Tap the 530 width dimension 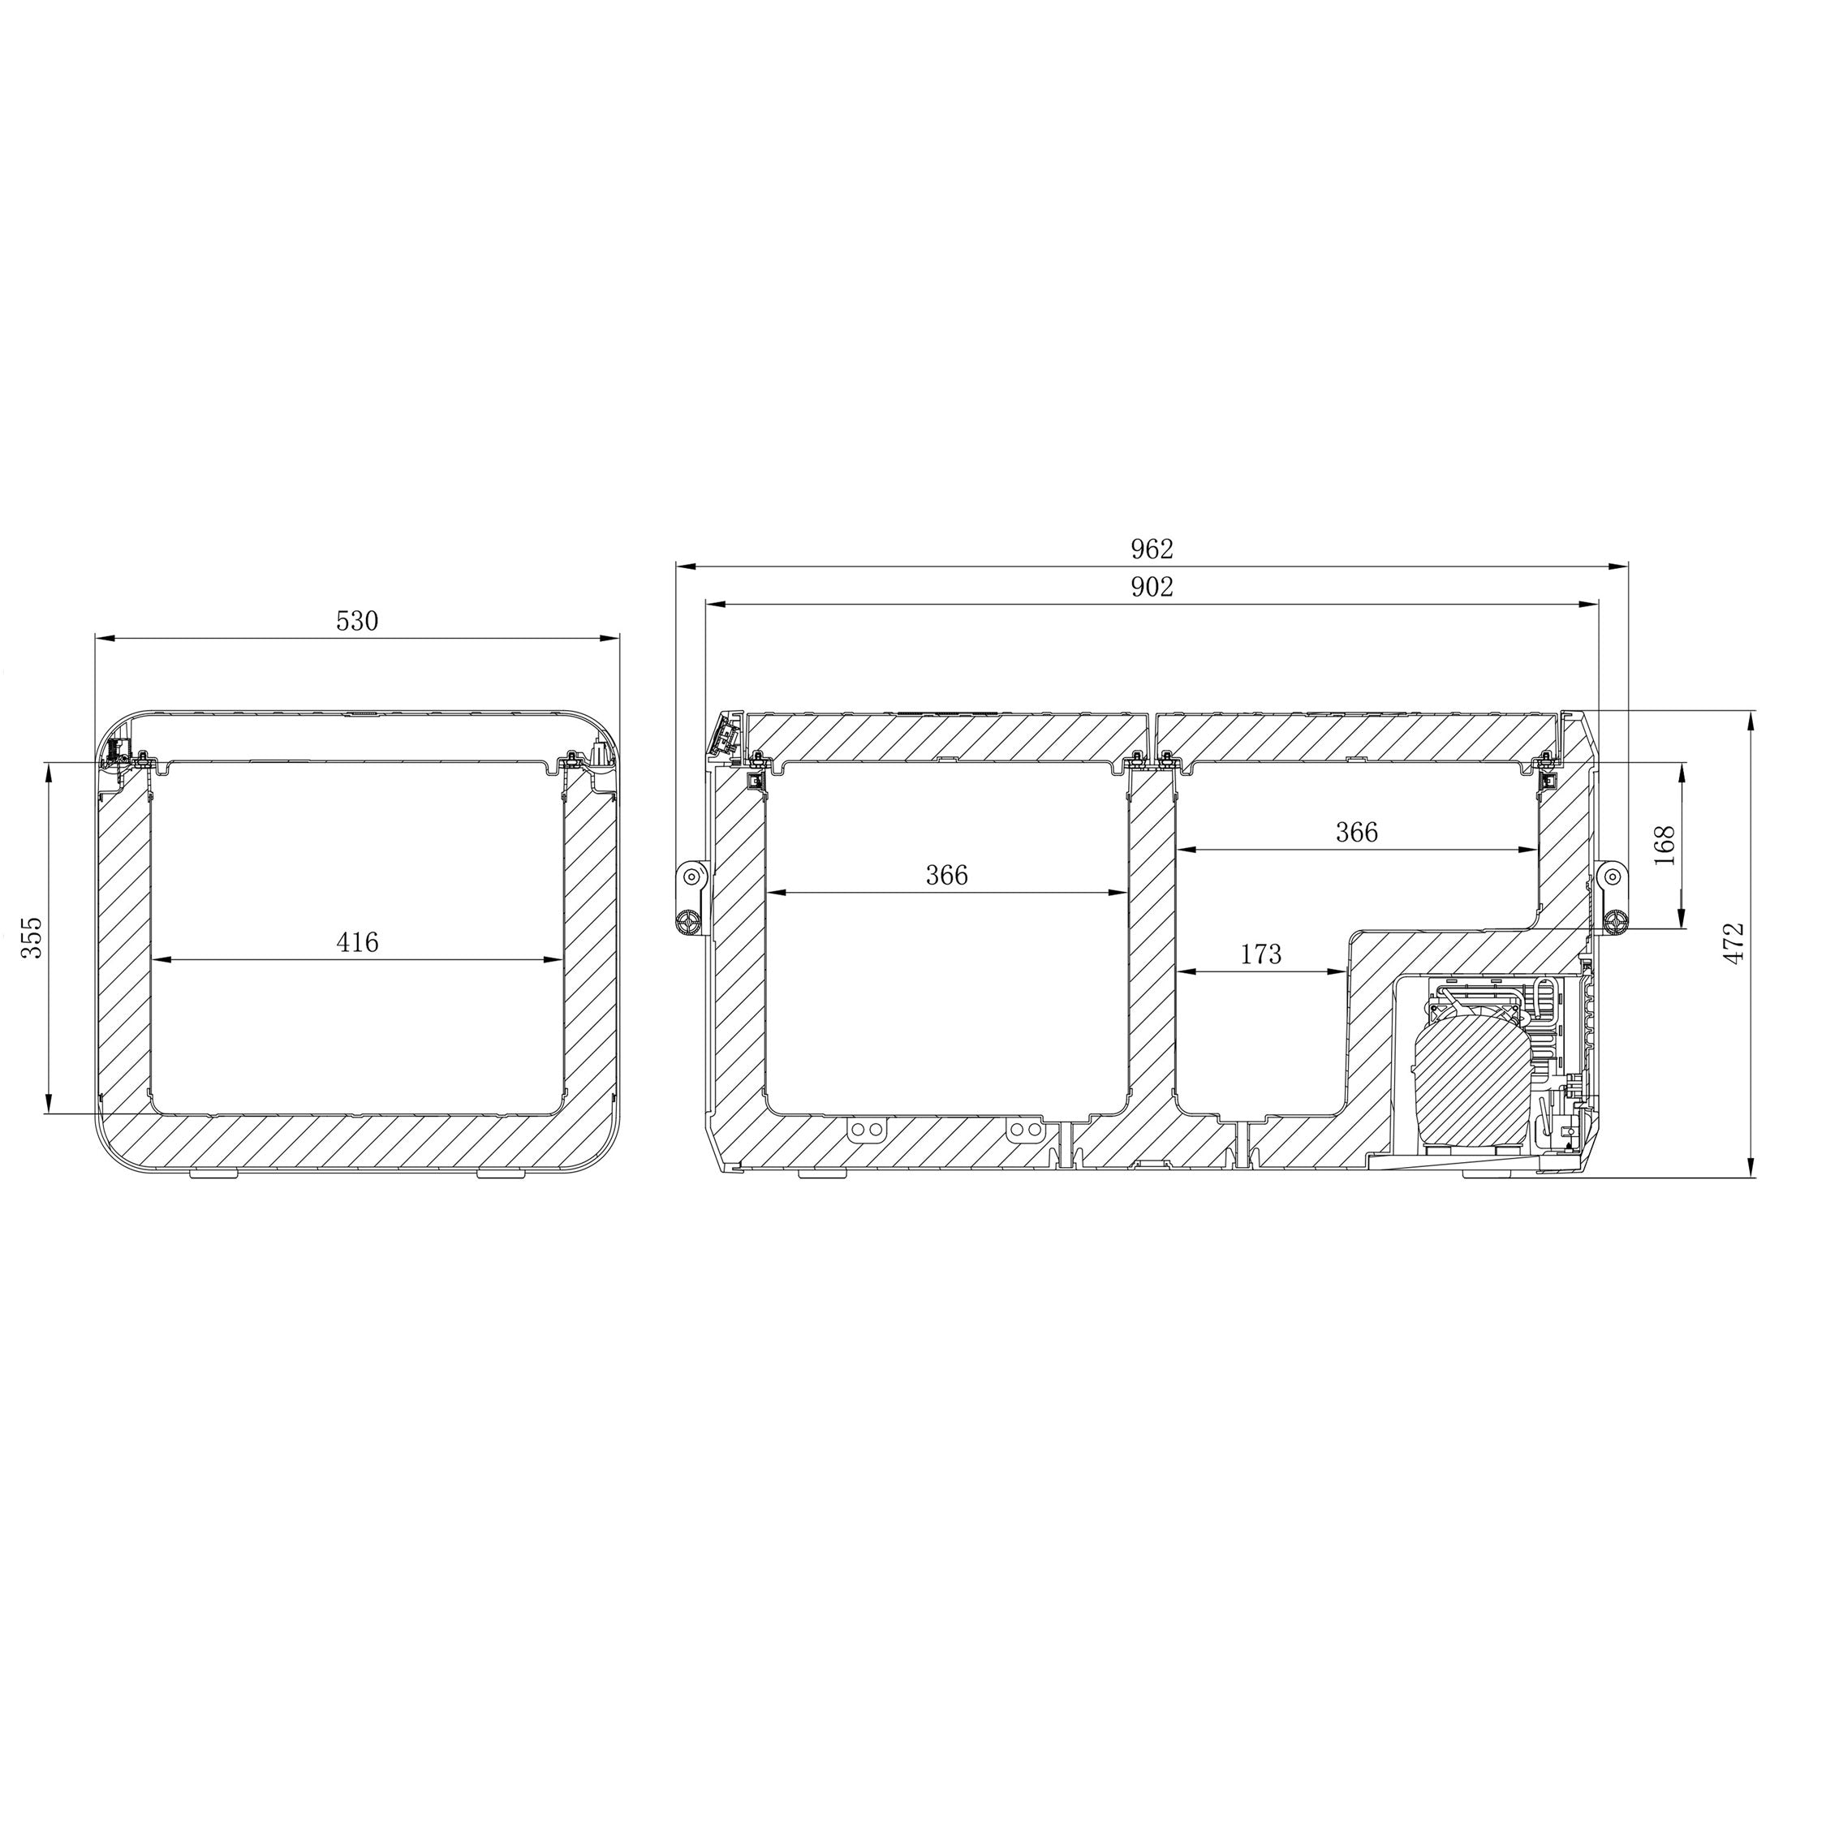[x=357, y=621]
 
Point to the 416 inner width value [x=357, y=942]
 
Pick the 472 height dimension [x=1732, y=942]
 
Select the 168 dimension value [x=1665, y=845]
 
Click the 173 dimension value [x=1261, y=954]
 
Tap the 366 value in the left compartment [x=946, y=875]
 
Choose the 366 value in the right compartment [x=1356, y=832]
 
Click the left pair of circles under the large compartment [x=866, y=1130]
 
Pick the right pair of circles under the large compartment [x=1023, y=1130]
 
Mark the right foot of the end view [x=503, y=1173]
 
